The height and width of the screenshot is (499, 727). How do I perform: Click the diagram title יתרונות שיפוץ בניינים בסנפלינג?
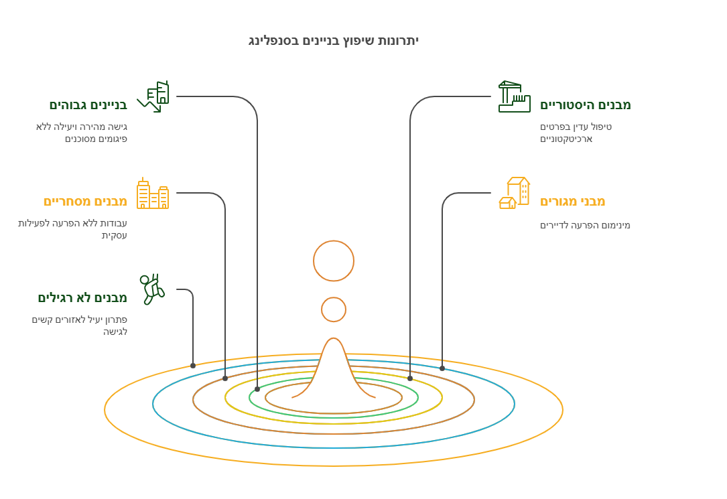334,41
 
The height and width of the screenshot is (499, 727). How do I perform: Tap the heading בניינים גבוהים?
88,104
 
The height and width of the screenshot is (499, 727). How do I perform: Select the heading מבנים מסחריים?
85,201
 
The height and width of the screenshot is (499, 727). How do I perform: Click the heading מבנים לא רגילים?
82,297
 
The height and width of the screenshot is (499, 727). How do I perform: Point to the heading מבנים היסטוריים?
585,104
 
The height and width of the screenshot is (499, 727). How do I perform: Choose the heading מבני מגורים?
572,201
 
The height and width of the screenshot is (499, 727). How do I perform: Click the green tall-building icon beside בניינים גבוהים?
153,96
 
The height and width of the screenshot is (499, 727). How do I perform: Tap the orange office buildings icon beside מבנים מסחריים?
153,193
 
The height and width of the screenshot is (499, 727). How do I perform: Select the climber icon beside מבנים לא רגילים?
152,289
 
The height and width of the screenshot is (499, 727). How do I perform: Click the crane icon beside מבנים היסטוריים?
514,96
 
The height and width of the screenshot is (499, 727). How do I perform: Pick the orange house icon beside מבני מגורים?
514,193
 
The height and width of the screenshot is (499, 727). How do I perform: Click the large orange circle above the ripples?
334,261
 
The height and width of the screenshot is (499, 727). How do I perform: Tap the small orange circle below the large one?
334,309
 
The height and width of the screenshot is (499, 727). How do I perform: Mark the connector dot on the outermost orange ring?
193,366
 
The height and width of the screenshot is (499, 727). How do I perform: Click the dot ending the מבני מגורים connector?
442,368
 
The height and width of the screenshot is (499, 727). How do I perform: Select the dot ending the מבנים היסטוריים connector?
410,378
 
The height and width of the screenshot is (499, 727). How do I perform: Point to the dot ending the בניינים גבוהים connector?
257,389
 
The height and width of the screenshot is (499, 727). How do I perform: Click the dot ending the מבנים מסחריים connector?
225,378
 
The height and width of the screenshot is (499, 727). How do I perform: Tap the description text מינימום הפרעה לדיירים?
585,226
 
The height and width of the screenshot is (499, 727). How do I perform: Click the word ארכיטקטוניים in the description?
566,139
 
